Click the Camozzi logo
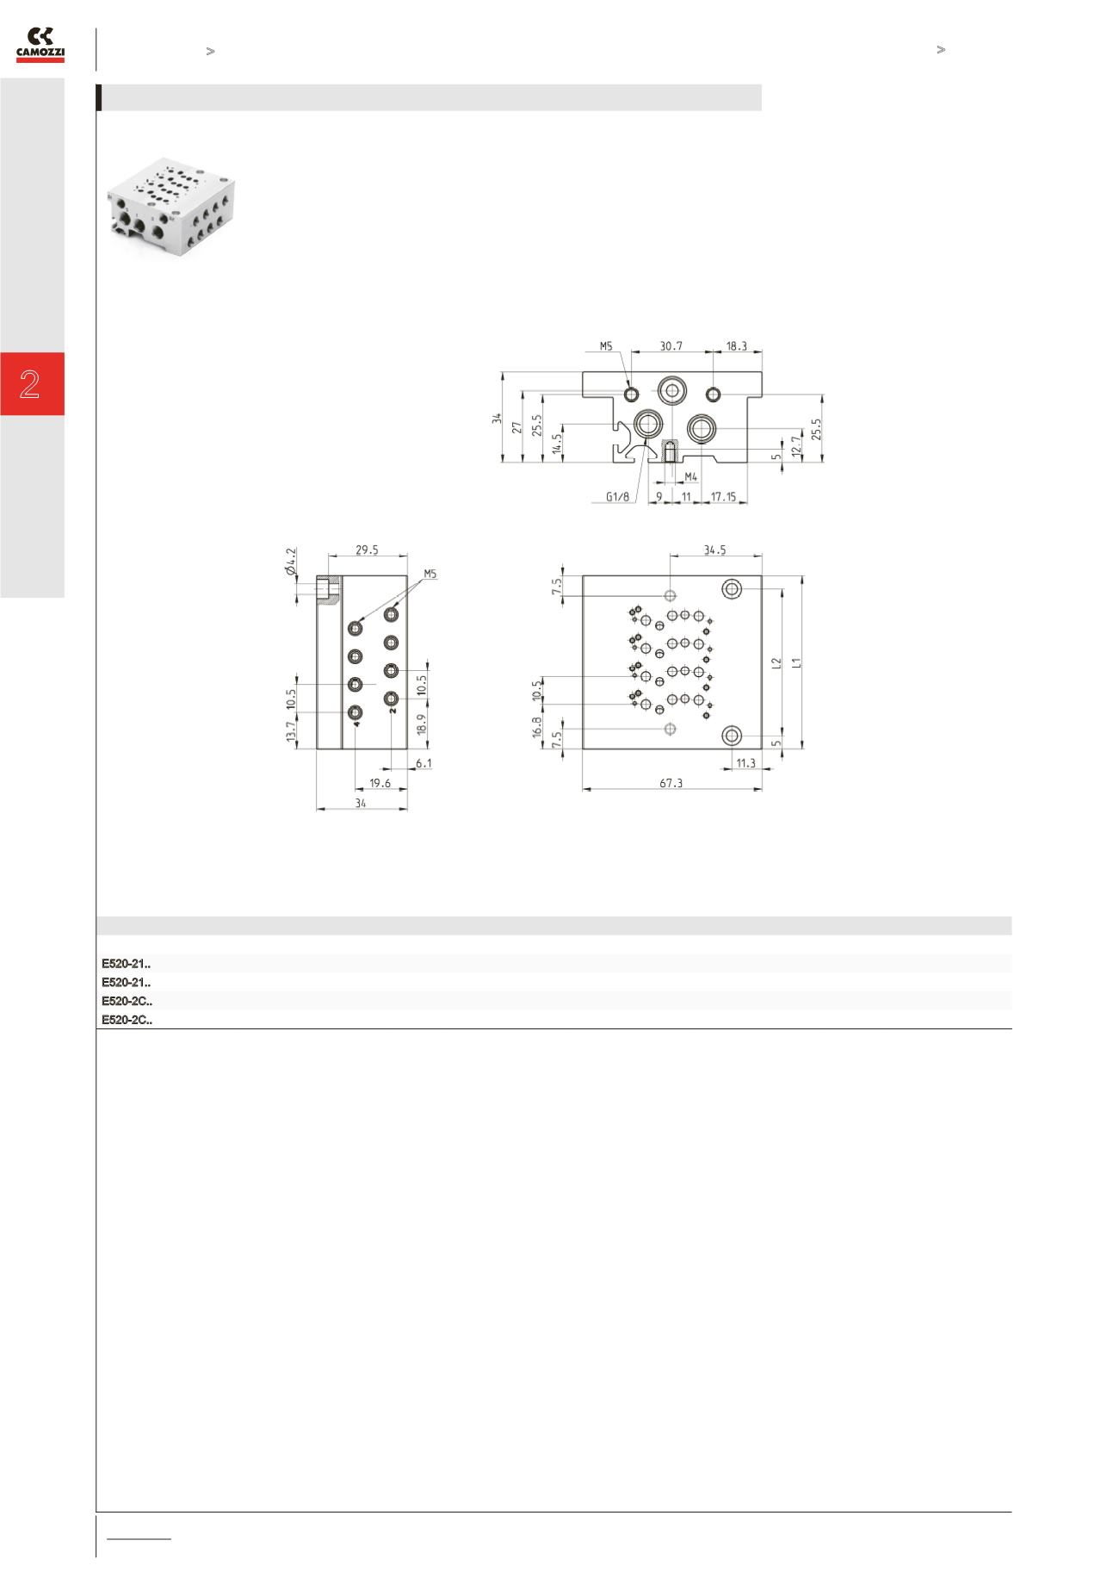(40, 45)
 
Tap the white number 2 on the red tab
(30, 384)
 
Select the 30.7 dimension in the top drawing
(671, 345)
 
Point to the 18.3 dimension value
(736, 345)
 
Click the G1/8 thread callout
(618, 497)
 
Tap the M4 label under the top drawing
(690, 476)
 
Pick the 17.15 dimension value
(723, 497)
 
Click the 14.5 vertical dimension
(557, 443)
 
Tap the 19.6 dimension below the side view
(380, 783)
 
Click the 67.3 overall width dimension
(671, 783)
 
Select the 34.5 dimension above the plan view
(714, 550)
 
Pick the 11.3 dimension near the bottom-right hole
(745, 763)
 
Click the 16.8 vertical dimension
(536, 727)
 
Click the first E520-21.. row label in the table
(127, 963)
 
